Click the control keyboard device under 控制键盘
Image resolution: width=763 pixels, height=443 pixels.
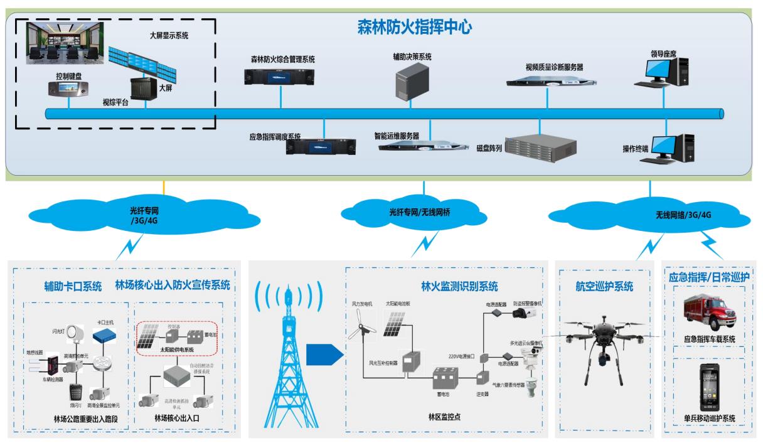click(x=68, y=90)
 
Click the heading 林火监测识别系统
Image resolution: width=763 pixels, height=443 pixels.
click(x=459, y=287)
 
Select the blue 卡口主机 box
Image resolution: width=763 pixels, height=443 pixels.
click(x=105, y=336)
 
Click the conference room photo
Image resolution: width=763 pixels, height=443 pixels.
click(x=65, y=43)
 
